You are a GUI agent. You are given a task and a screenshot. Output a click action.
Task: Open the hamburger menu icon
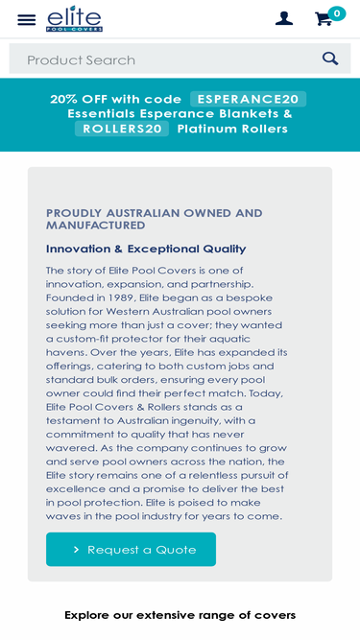click(x=27, y=19)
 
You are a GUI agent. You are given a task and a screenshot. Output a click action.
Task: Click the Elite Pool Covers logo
click(x=74, y=18)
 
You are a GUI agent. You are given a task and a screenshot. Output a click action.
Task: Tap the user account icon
click(x=283, y=18)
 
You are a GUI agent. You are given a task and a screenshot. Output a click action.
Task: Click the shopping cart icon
click(x=324, y=18)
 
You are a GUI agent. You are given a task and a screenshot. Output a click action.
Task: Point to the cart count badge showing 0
click(x=336, y=13)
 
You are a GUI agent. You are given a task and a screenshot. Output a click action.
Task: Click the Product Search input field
click(x=163, y=59)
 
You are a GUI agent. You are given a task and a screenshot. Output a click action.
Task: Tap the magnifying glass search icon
click(x=330, y=59)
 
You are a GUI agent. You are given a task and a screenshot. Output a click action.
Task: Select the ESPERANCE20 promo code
click(x=248, y=99)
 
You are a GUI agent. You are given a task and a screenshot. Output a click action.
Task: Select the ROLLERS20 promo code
click(x=122, y=129)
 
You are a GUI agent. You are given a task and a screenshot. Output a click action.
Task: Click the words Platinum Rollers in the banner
click(x=232, y=129)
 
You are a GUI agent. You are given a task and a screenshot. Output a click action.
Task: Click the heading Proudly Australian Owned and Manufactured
click(x=154, y=219)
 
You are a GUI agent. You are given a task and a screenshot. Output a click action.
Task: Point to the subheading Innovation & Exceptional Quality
click(x=146, y=249)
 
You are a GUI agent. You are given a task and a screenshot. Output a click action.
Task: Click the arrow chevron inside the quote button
click(x=76, y=550)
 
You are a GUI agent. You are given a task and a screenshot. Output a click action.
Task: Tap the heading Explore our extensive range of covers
click(x=180, y=615)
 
